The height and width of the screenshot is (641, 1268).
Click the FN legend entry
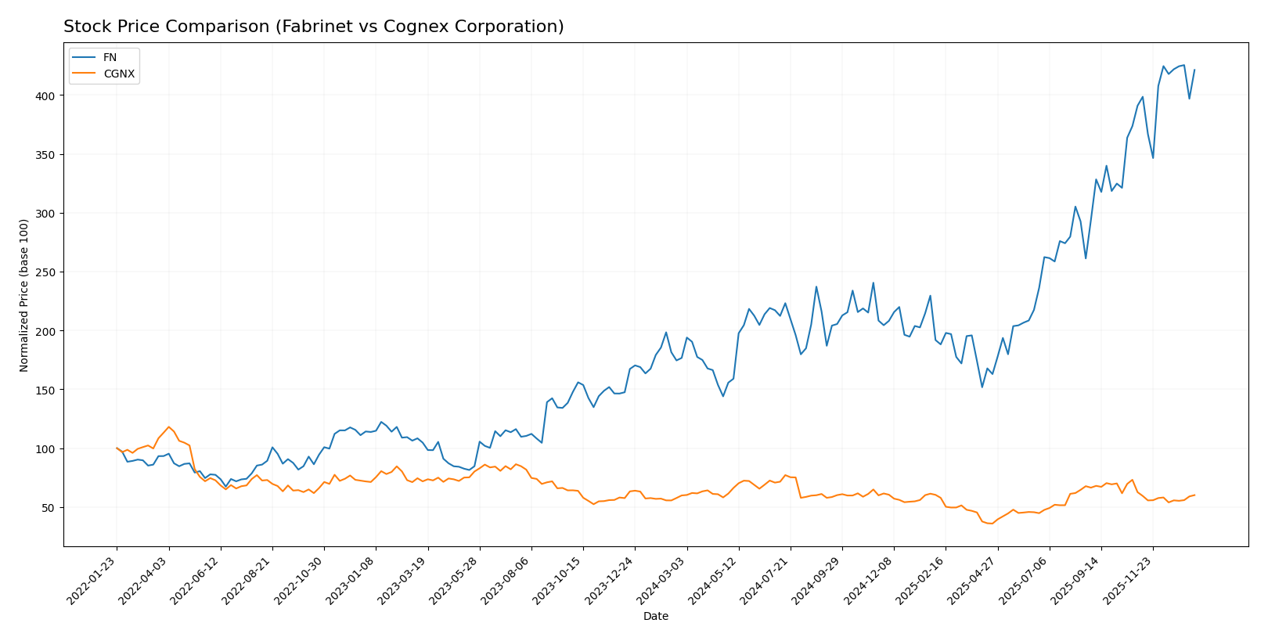point(110,58)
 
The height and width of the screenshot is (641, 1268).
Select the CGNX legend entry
point(118,74)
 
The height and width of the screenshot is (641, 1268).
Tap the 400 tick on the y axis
point(48,95)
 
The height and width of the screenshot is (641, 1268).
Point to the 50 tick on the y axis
point(50,508)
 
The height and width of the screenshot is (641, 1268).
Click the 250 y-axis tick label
point(48,272)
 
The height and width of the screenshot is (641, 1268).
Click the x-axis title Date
point(655,617)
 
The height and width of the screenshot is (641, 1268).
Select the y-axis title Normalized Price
point(24,295)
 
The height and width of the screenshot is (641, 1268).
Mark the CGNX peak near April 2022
point(168,427)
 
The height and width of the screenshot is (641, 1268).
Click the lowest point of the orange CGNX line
point(992,524)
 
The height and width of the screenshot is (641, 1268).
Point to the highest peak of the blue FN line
point(1183,65)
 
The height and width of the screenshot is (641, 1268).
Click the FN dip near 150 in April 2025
point(982,387)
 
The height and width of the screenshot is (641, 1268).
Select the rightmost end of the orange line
point(1194,495)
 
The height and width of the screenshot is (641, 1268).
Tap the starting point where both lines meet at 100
point(117,448)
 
